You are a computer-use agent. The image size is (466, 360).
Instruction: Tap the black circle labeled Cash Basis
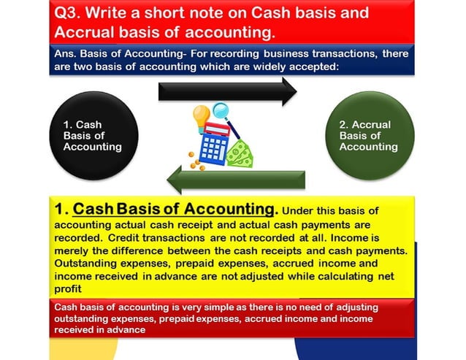(91, 136)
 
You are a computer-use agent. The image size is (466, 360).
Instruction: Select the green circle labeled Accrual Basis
(370, 136)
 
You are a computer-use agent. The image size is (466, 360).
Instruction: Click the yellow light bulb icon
(200, 117)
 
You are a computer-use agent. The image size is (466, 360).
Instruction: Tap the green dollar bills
(239, 153)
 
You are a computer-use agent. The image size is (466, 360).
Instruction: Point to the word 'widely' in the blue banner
(348, 66)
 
